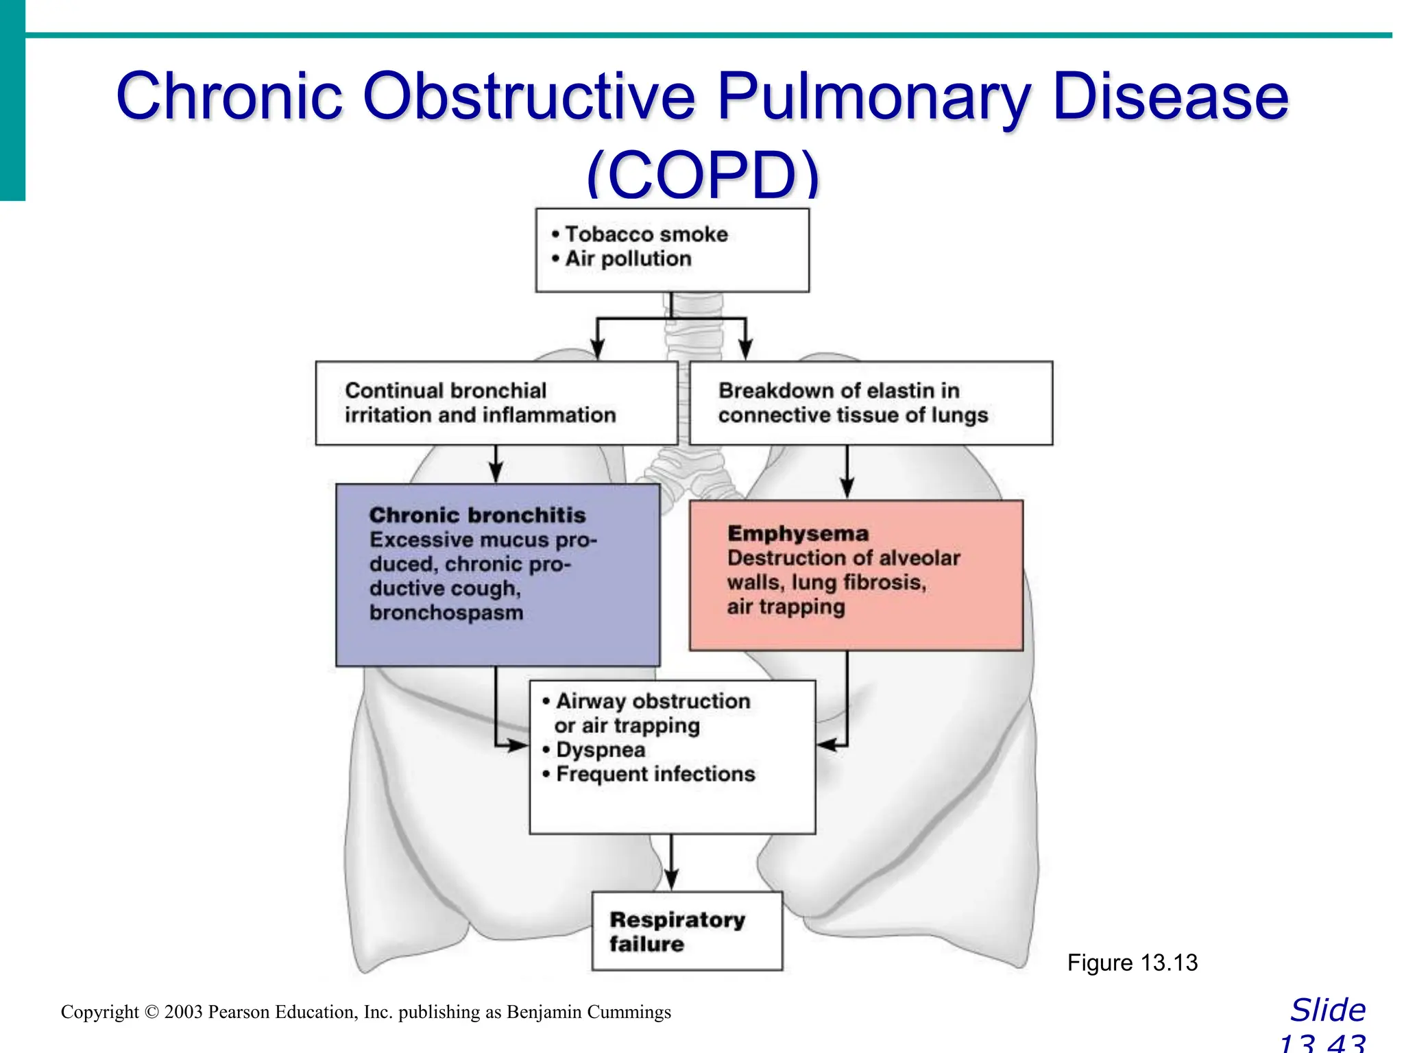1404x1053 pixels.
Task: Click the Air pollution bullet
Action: (628, 259)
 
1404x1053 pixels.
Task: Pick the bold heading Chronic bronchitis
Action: (477, 515)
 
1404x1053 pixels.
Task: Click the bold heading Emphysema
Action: (798, 533)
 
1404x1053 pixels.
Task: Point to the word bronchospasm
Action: (446, 612)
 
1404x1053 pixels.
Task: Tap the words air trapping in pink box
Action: (786, 607)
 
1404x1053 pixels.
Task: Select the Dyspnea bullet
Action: (600, 750)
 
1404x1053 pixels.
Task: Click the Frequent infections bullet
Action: (655, 774)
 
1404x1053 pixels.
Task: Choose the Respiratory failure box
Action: (687, 931)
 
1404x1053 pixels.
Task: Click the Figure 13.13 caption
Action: (1132, 963)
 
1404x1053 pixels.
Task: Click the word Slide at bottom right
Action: (1328, 1010)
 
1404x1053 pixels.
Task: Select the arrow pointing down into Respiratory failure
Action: (672, 871)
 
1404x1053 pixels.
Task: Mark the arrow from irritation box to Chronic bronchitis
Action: (496, 466)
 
